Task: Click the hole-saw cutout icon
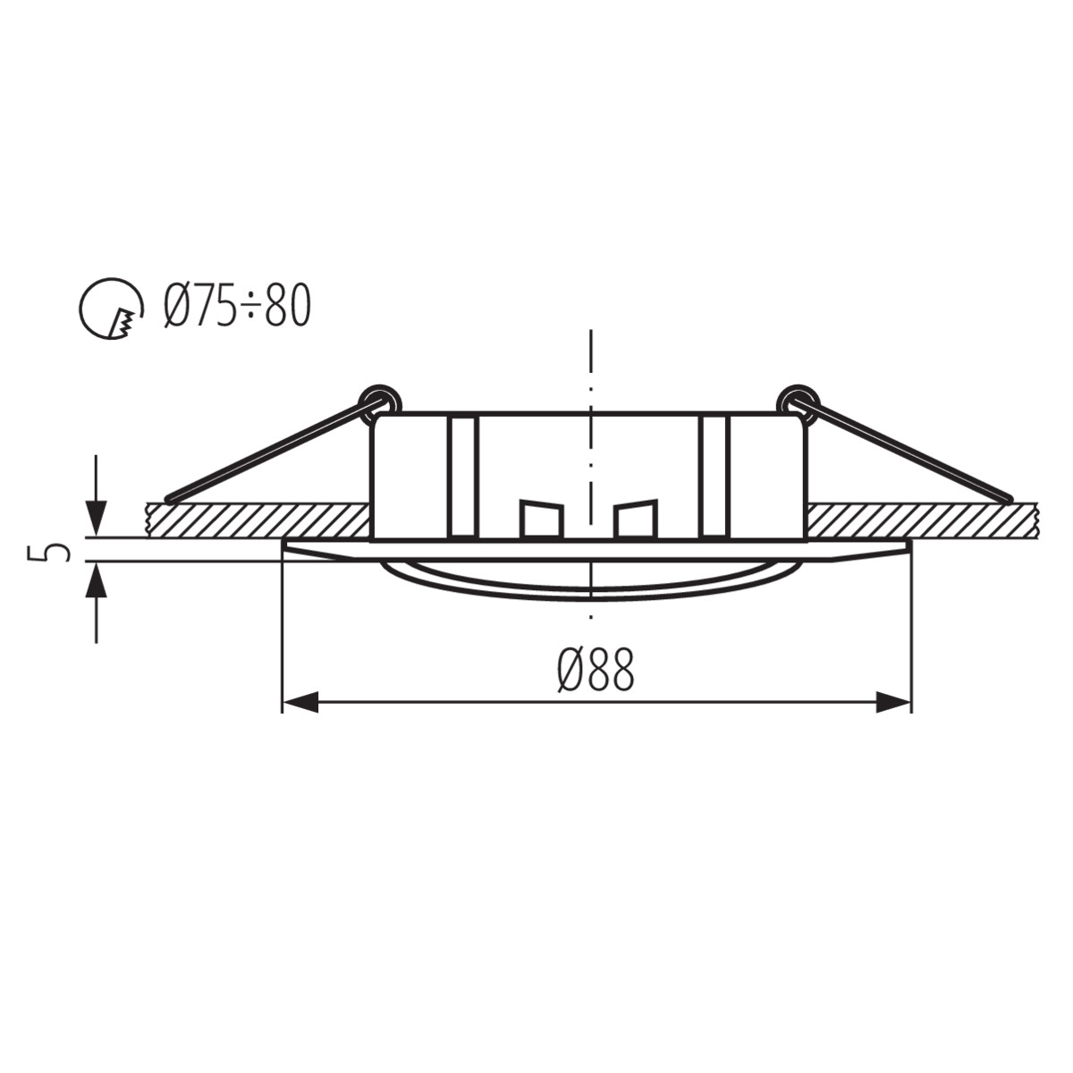tap(111, 308)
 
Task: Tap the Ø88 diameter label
tap(596, 670)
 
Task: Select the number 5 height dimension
tap(56, 551)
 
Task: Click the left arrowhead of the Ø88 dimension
tap(300, 702)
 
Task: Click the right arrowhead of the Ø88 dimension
tap(893, 702)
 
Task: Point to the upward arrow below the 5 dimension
tap(96, 582)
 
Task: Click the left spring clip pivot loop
tap(379, 400)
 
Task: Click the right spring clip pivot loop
tap(797, 400)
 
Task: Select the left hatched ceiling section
tap(258, 520)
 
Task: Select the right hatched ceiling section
tap(921, 520)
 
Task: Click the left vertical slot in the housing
tap(463, 476)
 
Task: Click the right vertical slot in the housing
tap(716, 476)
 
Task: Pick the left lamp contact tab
tap(542, 520)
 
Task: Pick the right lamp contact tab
tap(636, 520)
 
